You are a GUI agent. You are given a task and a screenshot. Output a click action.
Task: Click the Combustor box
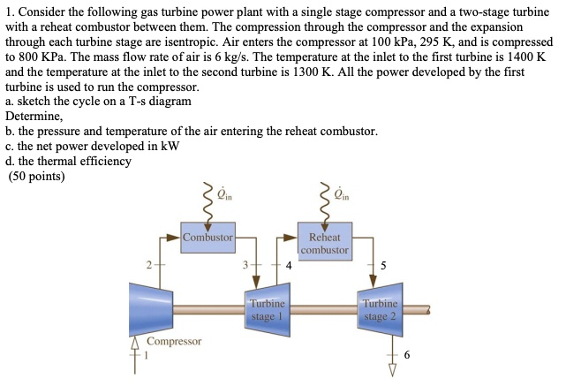pyautogui.click(x=208, y=238)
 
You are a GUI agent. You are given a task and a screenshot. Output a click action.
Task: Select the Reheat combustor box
pyautogui.click(x=325, y=244)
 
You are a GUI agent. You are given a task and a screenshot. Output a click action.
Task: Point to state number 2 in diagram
pyautogui.click(x=151, y=264)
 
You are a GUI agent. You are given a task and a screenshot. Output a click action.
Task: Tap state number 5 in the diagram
pyautogui.click(x=382, y=264)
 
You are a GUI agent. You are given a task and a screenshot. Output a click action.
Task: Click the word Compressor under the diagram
pyautogui.click(x=175, y=341)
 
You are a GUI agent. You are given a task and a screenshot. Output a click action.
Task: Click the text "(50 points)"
pyautogui.click(x=36, y=176)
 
